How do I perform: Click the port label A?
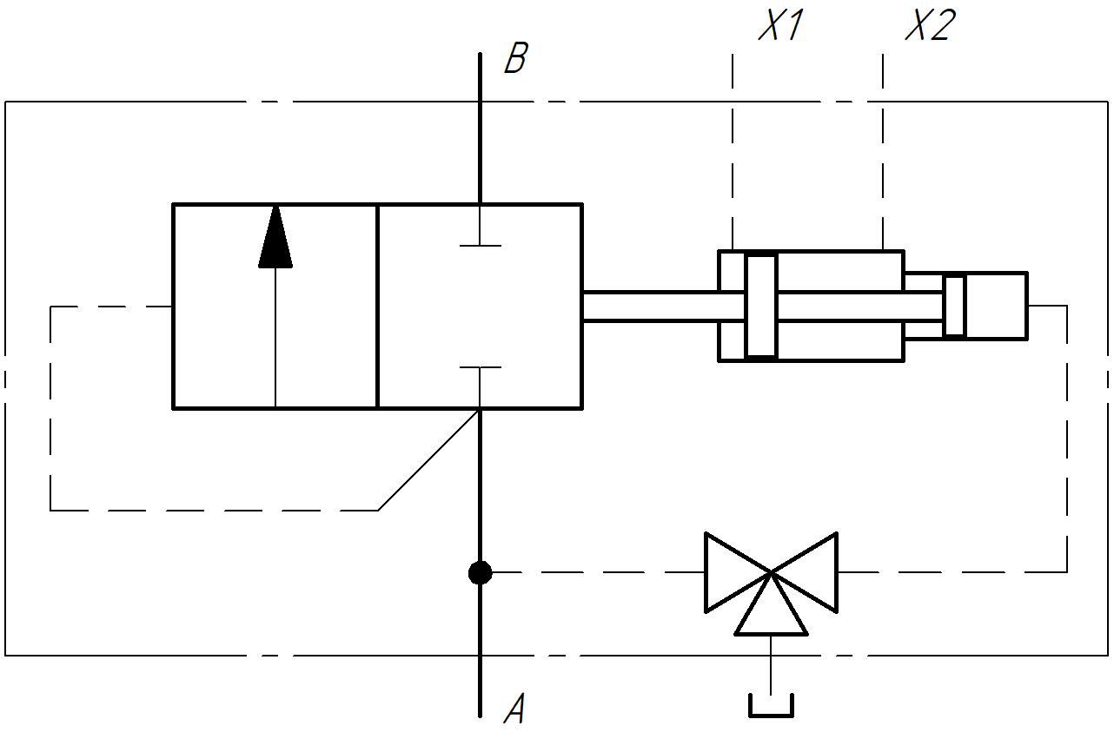[515, 709]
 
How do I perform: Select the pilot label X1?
[780, 28]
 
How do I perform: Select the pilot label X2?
[930, 28]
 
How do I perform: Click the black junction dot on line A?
[480, 573]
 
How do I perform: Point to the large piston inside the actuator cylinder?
[761, 306]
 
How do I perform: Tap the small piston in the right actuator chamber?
[954, 306]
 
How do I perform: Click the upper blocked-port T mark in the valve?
[480, 245]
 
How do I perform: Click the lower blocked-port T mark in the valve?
[480, 368]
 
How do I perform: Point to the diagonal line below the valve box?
[428, 459]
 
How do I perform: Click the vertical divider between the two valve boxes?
[378, 306]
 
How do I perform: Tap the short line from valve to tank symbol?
[771, 664]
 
